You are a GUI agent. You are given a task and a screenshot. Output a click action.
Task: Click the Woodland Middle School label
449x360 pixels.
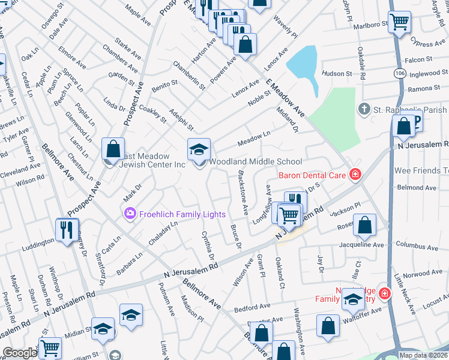(x=255, y=161)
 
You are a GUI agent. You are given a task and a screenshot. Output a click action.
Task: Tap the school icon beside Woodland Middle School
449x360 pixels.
(x=199, y=149)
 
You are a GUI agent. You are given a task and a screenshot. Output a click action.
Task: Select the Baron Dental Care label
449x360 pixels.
(x=312, y=176)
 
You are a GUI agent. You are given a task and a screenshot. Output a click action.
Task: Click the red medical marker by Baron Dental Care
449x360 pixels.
(x=356, y=175)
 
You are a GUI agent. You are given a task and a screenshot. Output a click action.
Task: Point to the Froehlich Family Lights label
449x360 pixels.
(x=182, y=214)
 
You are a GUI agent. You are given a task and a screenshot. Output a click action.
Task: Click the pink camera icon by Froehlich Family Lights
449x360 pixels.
(x=130, y=214)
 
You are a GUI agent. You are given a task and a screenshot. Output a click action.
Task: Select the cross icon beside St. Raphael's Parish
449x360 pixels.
(x=363, y=109)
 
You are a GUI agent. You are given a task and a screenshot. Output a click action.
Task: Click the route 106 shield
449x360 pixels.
(x=399, y=72)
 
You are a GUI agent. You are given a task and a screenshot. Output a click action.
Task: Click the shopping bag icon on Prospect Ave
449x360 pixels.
(x=113, y=148)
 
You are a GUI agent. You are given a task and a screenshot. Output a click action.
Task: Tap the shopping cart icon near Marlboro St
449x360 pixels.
(x=399, y=22)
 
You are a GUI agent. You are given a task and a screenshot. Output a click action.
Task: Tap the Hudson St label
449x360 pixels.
(x=337, y=74)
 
